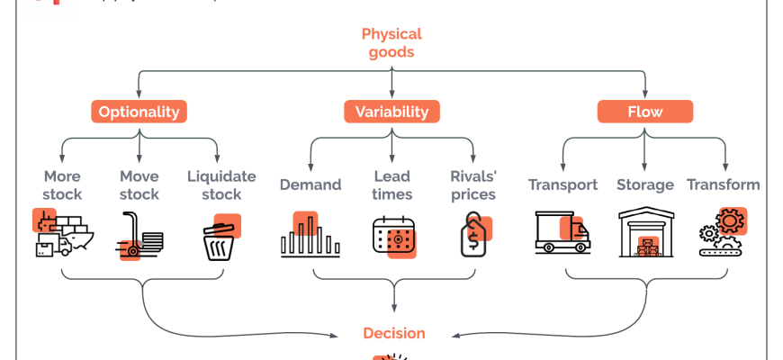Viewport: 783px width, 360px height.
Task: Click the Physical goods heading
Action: [391, 43]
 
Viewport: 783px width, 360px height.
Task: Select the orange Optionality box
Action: [139, 112]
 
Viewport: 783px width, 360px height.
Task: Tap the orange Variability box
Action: [391, 112]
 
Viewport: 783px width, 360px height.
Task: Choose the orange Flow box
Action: [645, 112]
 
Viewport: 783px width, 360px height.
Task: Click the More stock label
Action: [62, 184]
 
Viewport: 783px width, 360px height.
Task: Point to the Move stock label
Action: [139, 184]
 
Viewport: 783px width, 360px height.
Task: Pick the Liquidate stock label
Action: [221, 184]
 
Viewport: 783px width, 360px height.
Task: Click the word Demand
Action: [310, 184]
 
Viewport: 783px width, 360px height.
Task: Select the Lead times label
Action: [392, 184]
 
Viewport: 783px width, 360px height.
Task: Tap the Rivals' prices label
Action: [473, 184]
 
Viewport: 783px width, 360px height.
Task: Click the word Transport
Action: [562, 184]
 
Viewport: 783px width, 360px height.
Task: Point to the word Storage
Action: [645, 184]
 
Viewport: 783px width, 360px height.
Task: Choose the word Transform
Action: [724, 184]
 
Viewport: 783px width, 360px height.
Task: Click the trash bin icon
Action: [221, 238]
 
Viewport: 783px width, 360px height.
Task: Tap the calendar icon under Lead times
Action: [393, 237]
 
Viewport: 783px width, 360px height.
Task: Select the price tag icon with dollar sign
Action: [473, 236]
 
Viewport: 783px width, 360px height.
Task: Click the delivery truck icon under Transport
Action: [562, 232]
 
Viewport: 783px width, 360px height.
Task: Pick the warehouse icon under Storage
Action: [645, 234]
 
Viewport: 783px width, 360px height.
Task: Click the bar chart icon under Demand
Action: [310, 236]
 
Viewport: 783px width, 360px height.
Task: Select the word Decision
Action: [393, 333]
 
